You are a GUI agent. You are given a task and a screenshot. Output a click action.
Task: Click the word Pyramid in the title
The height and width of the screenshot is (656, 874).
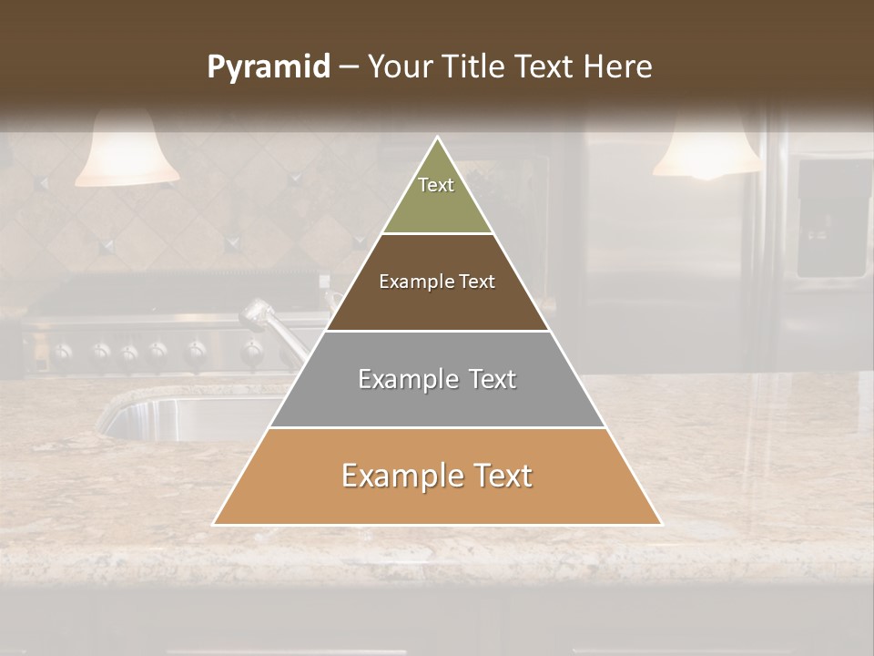point(268,67)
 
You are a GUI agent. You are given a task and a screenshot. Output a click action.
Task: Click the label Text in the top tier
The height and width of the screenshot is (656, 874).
point(436,185)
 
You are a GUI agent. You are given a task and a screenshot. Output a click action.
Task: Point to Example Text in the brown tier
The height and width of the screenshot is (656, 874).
point(437,282)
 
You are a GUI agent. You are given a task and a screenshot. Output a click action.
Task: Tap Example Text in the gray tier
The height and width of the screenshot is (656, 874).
point(437,379)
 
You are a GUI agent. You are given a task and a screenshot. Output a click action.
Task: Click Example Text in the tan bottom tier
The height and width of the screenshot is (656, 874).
point(437,476)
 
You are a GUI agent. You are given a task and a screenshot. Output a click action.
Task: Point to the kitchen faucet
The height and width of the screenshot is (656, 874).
point(273,328)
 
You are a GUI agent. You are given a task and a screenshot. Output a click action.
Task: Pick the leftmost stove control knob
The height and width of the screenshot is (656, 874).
point(62,351)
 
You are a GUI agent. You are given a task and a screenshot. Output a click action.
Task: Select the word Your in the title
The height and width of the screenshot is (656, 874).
point(398,67)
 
